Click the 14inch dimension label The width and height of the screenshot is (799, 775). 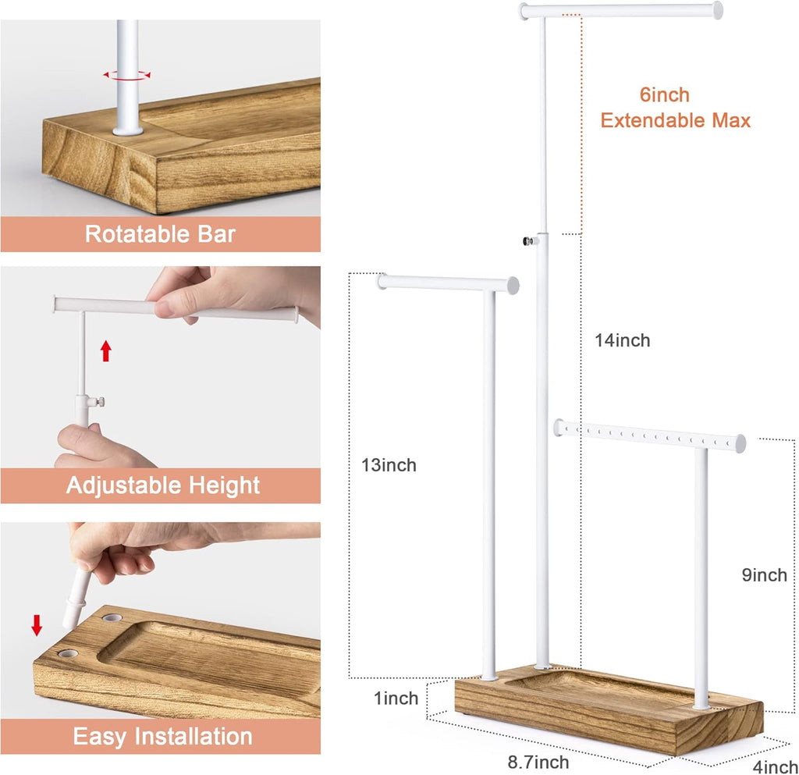(622, 340)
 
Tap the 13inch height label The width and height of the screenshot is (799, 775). (389, 465)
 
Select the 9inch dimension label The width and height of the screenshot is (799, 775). (765, 575)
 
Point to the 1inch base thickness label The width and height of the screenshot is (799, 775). (396, 698)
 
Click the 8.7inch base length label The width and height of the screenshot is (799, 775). (538, 763)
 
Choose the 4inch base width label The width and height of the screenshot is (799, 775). (775, 767)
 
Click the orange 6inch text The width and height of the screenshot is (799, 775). (665, 94)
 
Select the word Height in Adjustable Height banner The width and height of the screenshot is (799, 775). (224, 485)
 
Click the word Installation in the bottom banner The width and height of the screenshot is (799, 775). (194, 737)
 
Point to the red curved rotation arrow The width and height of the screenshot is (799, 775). (127, 76)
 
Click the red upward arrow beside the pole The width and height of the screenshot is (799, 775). (106, 351)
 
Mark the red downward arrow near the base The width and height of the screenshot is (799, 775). (37, 625)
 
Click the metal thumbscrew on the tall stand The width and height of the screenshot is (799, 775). (529, 241)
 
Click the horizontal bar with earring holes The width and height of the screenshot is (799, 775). (650, 436)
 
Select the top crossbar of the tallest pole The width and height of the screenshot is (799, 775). (620, 11)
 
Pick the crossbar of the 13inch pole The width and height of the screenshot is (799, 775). (448, 284)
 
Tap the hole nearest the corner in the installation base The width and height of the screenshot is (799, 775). (68, 652)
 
